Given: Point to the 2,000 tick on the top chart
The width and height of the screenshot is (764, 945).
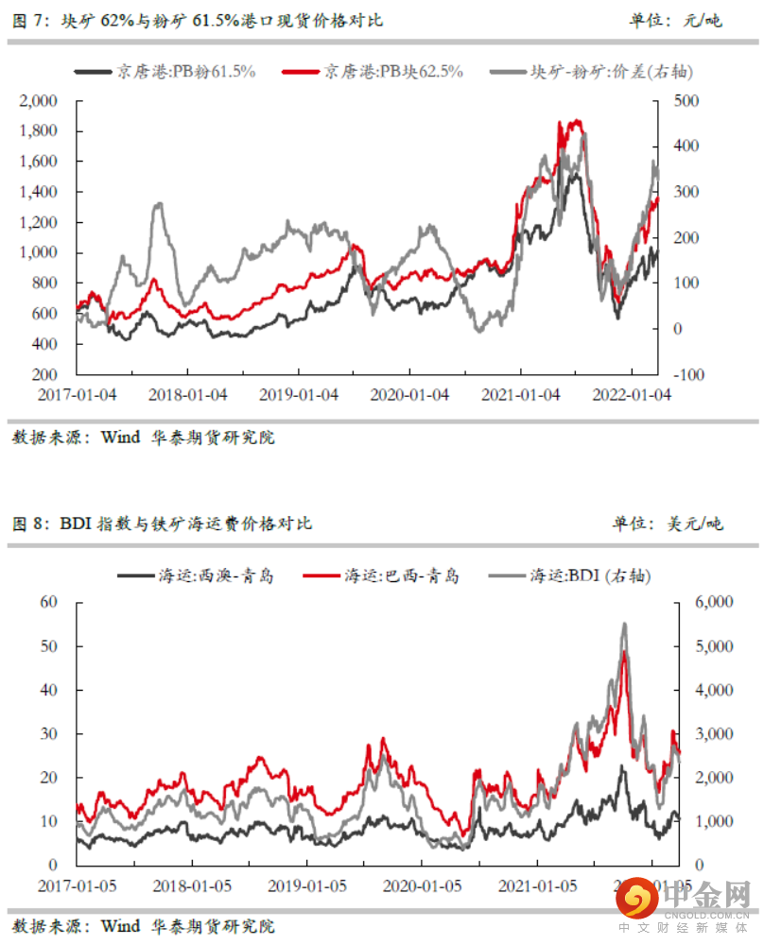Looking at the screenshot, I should [x=40, y=100].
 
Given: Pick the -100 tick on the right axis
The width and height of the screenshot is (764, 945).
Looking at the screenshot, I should [x=688, y=374].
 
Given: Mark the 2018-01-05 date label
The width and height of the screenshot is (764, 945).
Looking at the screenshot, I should [x=192, y=887].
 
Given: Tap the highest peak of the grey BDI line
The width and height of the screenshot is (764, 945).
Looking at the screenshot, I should [x=624, y=624].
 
